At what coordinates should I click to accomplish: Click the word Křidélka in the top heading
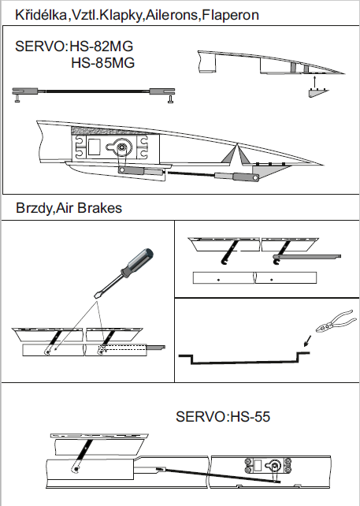point(41,15)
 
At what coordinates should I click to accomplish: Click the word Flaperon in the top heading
point(230,15)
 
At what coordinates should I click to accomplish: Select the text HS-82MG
point(102,47)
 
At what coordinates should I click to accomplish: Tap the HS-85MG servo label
point(102,63)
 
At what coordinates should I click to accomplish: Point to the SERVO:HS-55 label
point(223,417)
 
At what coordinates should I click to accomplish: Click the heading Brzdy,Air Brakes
point(69,208)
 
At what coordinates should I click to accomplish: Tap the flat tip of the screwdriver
point(96,296)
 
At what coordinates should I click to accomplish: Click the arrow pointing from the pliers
point(308,340)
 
